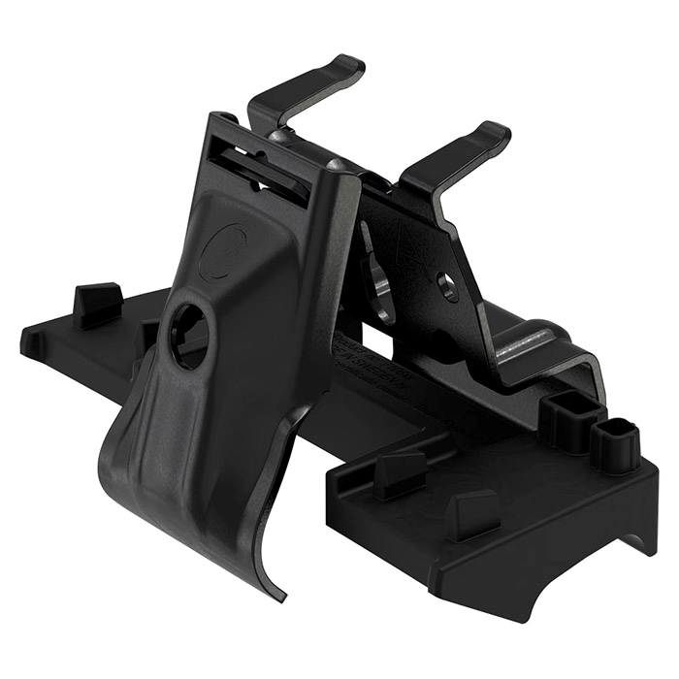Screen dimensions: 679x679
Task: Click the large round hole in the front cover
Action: coord(188,335)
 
